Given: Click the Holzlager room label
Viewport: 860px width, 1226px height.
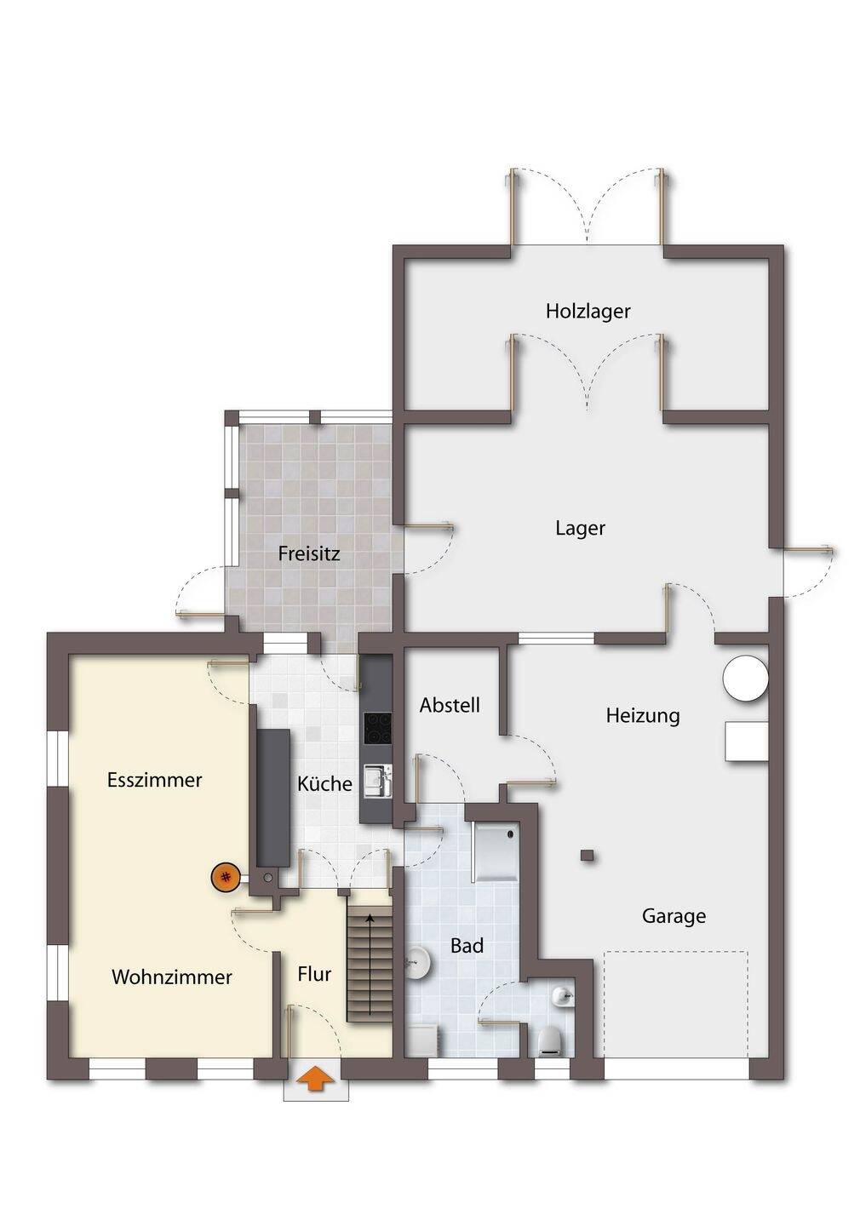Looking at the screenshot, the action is point(588,312).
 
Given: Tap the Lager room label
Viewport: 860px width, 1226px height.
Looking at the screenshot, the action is point(580,529).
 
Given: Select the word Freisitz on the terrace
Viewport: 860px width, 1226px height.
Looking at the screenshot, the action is point(309,554).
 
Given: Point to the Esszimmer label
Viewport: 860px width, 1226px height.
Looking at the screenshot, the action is point(154,780).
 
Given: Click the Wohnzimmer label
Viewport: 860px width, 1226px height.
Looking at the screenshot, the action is point(171,977).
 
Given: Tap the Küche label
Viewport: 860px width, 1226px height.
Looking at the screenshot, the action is point(324,784).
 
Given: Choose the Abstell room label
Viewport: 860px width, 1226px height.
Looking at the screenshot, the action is point(450,706).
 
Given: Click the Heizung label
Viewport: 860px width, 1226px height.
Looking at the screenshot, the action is point(643,716).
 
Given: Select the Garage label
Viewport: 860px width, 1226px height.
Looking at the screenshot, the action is point(674,916).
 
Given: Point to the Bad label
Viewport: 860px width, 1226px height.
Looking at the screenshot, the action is point(467,946).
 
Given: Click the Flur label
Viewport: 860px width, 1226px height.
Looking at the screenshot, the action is point(314,974).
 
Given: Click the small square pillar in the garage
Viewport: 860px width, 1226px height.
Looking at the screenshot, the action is point(587,856).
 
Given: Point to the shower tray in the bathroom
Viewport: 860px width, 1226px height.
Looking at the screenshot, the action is point(495,850).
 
